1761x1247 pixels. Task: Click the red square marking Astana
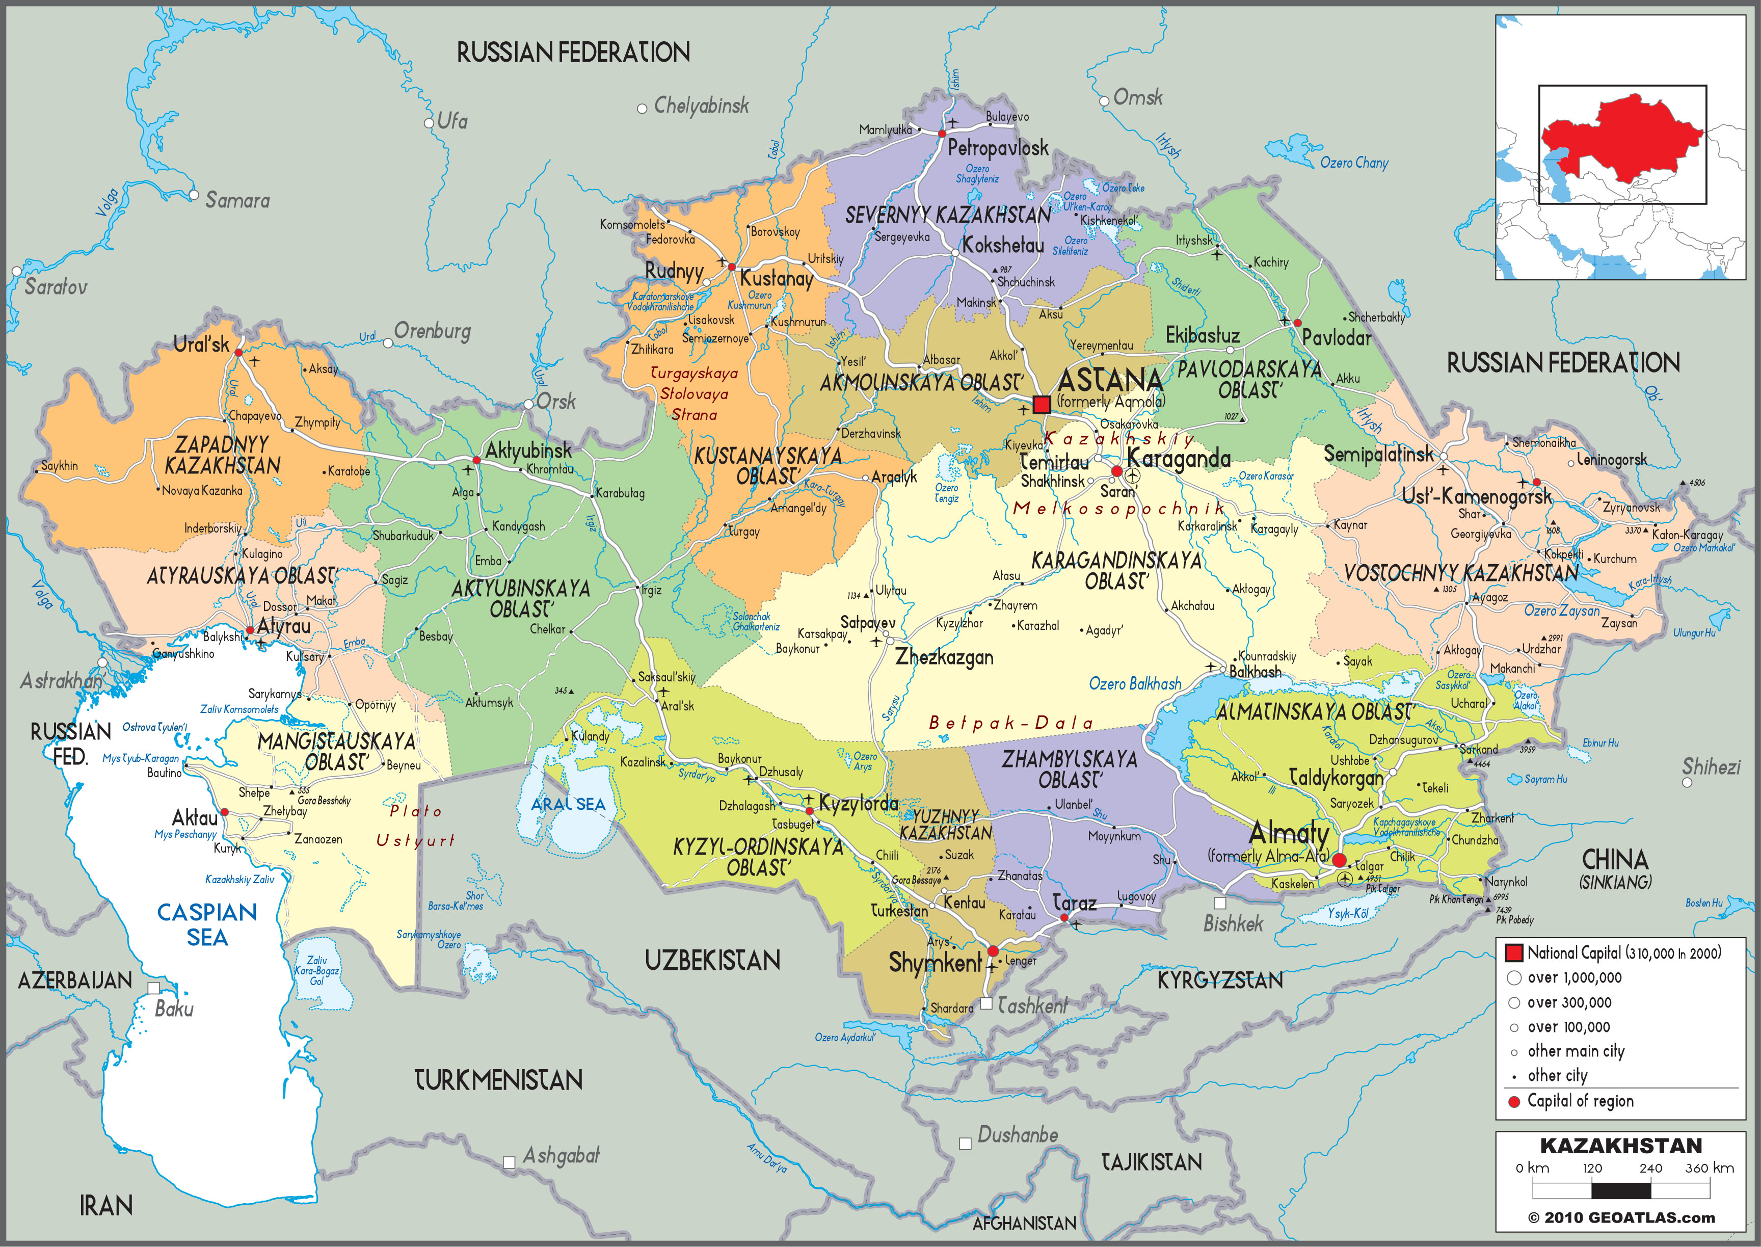click(1042, 405)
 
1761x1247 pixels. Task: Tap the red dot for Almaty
click(1339, 860)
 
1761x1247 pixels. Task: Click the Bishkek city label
click(1233, 924)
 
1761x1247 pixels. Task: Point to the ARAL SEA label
click(568, 804)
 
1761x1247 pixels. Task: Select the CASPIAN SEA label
click(207, 924)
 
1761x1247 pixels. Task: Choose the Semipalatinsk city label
click(1379, 455)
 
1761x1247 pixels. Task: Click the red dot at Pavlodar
click(1297, 323)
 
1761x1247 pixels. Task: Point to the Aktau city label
click(195, 818)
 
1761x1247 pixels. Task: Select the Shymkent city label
click(935, 962)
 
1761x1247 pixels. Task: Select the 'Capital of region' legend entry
click(1580, 1101)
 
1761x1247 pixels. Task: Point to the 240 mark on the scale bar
click(1650, 1169)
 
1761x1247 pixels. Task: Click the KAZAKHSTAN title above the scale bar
click(1620, 1146)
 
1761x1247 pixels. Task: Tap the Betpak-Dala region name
click(1010, 723)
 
